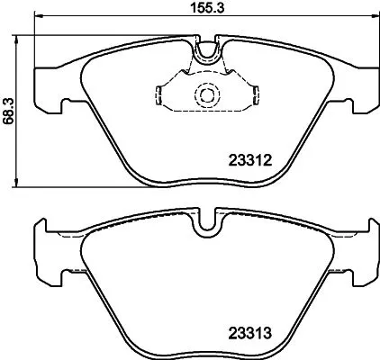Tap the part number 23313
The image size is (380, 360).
(x=244, y=331)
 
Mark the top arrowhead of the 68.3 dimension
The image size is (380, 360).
(x=22, y=36)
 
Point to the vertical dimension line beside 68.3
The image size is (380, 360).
(x=22, y=135)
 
